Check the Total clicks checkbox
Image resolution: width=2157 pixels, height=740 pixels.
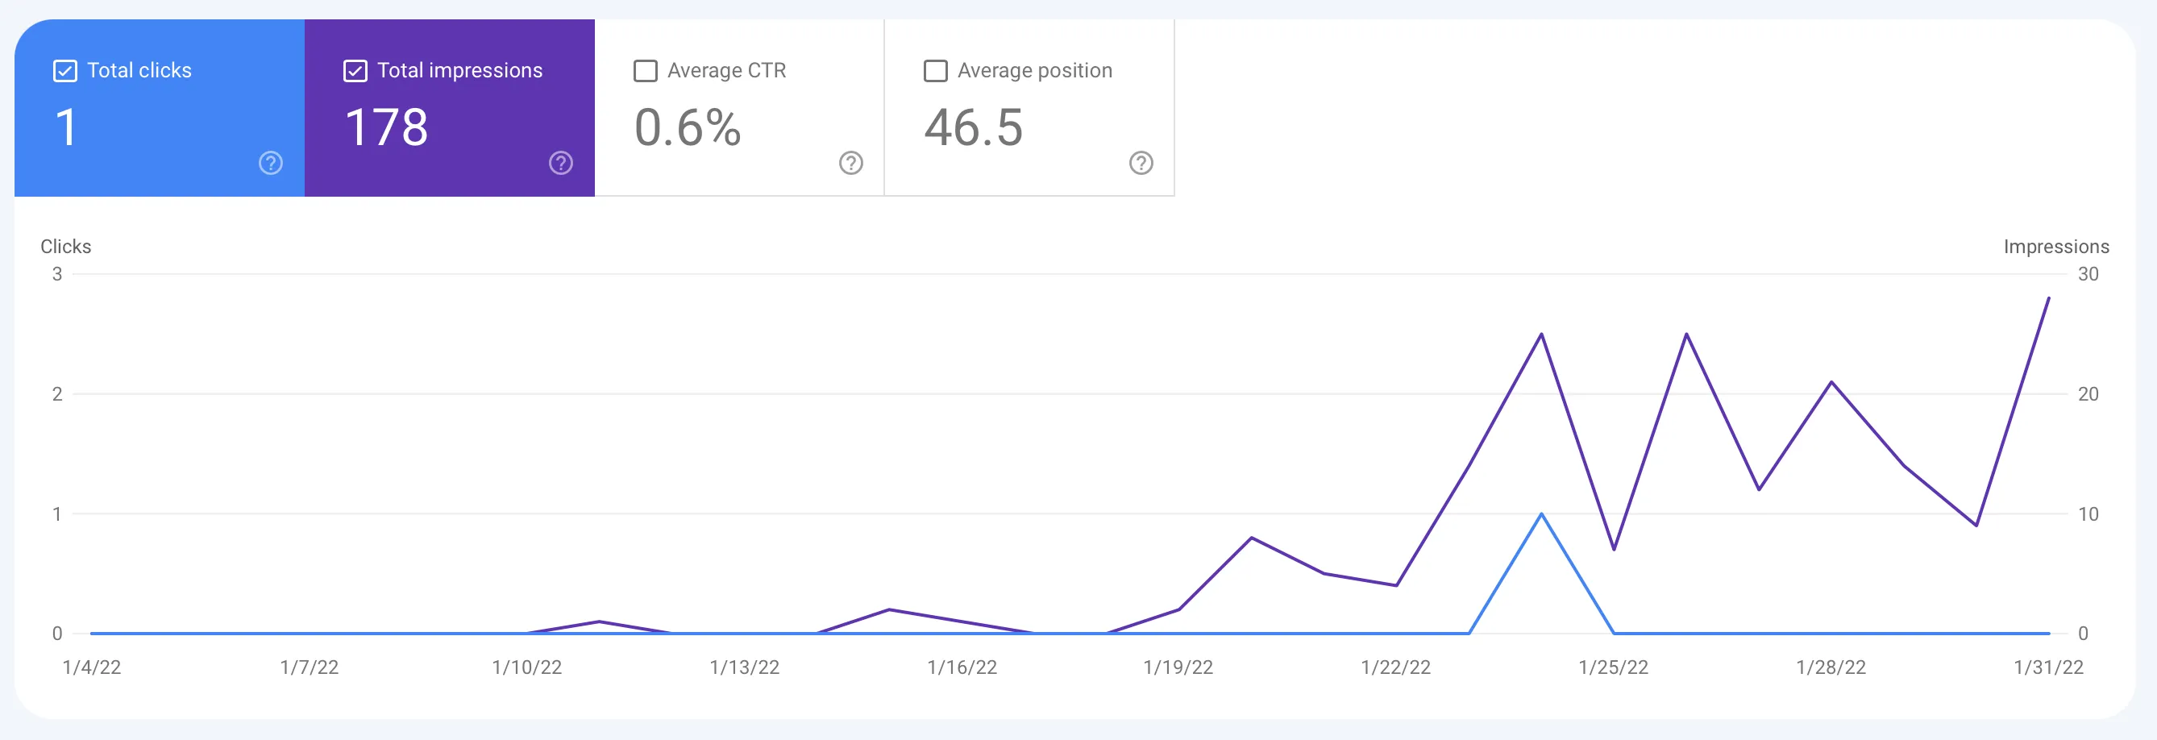pyautogui.click(x=65, y=71)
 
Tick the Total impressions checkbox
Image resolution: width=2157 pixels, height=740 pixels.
pyautogui.click(x=355, y=71)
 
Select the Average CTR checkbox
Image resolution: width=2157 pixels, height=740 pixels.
pyautogui.click(x=646, y=71)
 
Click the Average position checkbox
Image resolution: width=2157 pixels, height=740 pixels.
pyautogui.click(x=935, y=71)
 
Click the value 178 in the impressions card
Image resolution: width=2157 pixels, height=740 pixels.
pyautogui.click(x=386, y=128)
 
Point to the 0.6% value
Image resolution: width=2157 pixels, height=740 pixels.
pyautogui.click(x=688, y=128)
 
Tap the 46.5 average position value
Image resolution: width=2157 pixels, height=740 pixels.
pyautogui.click(x=973, y=128)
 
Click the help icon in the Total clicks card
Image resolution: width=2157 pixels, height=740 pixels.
pyautogui.click(x=271, y=162)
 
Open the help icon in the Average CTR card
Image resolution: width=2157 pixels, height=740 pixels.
pyautogui.click(x=850, y=162)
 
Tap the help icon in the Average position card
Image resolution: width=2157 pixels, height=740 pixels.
pyautogui.click(x=1141, y=162)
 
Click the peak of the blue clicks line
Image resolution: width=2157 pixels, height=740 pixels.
pyautogui.click(x=1541, y=514)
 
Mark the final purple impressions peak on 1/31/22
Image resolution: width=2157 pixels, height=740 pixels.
pyautogui.click(x=2048, y=299)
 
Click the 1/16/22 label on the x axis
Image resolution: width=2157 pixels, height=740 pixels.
pyautogui.click(x=962, y=667)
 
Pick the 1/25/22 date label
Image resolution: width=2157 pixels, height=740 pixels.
pyautogui.click(x=1613, y=667)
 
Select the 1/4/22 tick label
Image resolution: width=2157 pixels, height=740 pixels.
pyautogui.click(x=92, y=667)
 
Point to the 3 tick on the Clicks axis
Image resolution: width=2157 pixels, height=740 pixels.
pyautogui.click(x=57, y=274)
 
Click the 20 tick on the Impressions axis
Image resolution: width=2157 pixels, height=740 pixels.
pyautogui.click(x=2088, y=394)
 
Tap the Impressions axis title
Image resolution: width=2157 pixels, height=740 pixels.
pyautogui.click(x=2055, y=247)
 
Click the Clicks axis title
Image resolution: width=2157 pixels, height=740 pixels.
pyautogui.click(x=65, y=247)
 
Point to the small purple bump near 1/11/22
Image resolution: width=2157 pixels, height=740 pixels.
pyautogui.click(x=599, y=622)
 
